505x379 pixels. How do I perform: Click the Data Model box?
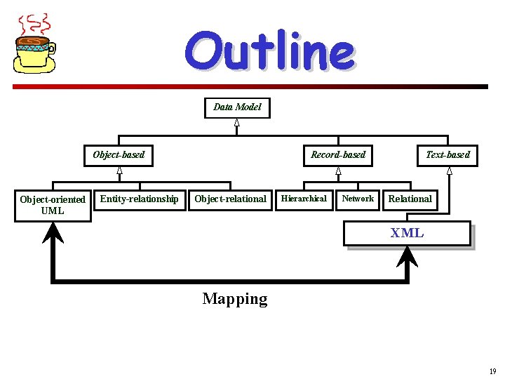(237, 107)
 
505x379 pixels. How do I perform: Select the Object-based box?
(119, 154)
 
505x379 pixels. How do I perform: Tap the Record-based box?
(338, 154)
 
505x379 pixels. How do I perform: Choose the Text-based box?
(447, 154)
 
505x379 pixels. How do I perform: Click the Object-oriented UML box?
(53, 205)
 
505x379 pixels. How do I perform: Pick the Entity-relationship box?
(139, 199)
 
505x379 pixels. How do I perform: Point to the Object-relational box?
(230, 199)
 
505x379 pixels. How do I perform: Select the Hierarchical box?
(304, 199)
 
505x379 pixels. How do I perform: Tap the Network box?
(358, 199)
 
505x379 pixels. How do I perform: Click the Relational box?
(410, 199)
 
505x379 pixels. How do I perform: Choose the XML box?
(407, 233)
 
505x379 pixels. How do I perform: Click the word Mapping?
(235, 299)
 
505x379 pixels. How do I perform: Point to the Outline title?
(270, 51)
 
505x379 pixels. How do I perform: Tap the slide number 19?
(492, 371)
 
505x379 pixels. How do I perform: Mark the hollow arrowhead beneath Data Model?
(237, 124)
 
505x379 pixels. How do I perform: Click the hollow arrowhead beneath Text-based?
(449, 171)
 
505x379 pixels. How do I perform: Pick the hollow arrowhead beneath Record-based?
(338, 171)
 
